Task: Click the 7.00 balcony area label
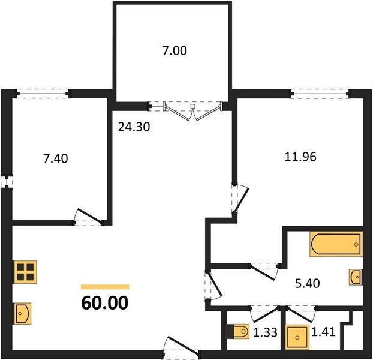click(175, 51)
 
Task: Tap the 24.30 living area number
click(134, 127)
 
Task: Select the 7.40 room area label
click(55, 158)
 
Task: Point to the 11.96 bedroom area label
click(300, 157)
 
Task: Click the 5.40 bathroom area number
click(308, 283)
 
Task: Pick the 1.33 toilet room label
click(265, 332)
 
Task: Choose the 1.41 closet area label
click(323, 332)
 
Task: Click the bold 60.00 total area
click(105, 303)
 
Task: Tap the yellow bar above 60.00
click(105, 287)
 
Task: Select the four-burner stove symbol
click(25, 272)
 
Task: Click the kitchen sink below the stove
click(23, 313)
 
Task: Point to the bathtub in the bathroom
click(336, 244)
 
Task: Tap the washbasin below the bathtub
click(356, 277)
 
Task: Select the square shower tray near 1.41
click(297, 337)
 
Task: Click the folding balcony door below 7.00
click(192, 110)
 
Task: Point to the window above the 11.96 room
click(320, 93)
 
